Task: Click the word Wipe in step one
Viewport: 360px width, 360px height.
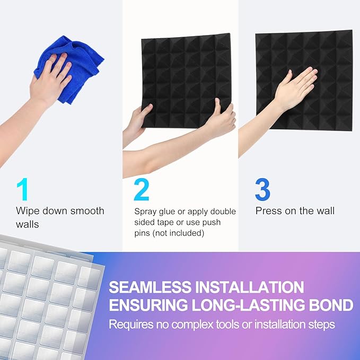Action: [x=27, y=211]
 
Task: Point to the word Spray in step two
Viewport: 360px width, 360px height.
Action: [x=146, y=212]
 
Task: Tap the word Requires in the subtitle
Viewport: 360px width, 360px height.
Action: [x=129, y=323]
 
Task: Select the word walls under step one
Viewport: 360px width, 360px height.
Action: [x=27, y=224]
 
